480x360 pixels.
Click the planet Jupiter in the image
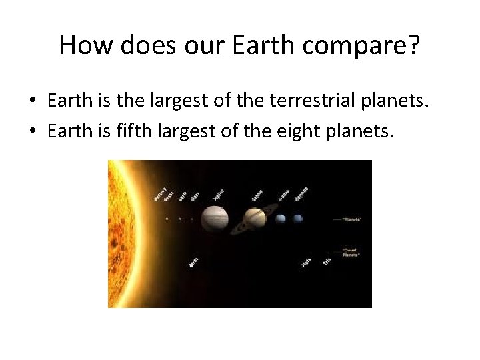[x=215, y=218]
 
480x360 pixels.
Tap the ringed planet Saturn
[x=254, y=218]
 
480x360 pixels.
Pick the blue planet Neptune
[x=297, y=218]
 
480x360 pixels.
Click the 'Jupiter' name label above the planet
[x=219, y=195]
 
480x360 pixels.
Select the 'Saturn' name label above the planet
[x=257, y=195]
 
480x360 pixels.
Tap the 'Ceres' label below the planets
[x=193, y=263]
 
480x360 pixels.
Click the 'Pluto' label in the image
[x=306, y=262]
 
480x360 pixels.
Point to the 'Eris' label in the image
[x=327, y=261]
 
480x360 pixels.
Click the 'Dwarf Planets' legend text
[x=351, y=253]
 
